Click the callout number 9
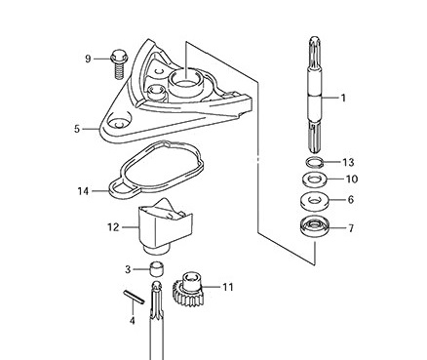pos(88,60)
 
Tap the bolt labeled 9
pos(119,64)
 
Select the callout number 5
pos(77,129)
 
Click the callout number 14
pos(83,191)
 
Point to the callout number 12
pos(113,227)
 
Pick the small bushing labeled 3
pos(156,268)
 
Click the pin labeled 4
pos(134,297)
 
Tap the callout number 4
pos(132,321)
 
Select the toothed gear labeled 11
pos(188,290)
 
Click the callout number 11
pos(228,287)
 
